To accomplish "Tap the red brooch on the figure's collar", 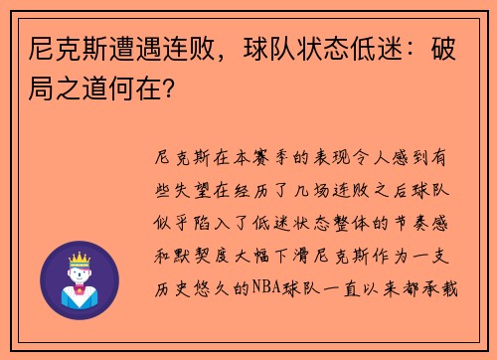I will [x=79, y=294].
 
